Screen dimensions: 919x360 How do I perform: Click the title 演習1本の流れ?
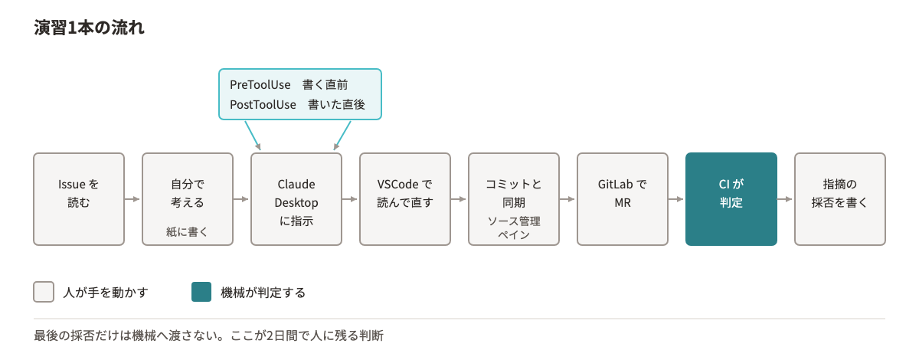pos(89,28)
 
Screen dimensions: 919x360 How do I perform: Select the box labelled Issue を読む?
pos(79,199)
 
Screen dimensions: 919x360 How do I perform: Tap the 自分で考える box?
pos(188,199)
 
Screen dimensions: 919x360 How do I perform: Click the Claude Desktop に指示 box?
pos(296,199)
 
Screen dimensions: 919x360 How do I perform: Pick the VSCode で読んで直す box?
pos(405,199)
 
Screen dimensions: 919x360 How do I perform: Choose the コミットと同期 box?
pos(514,199)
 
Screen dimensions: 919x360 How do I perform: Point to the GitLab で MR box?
pos(623,199)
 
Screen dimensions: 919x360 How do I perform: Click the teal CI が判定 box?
pos(731,199)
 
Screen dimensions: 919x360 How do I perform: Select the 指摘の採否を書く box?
pos(840,199)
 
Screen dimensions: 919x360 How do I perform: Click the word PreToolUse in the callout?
pos(260,84)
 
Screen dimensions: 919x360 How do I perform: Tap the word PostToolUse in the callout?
pos(263,105)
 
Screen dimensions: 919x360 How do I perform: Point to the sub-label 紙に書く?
pos(187,232)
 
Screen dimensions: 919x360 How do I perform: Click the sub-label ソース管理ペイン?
pos(514,227)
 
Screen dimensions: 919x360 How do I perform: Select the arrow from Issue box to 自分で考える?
pos(132,199)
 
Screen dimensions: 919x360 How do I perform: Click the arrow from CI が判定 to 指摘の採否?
pos(784,199)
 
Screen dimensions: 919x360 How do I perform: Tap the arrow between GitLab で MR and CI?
pos(675,199)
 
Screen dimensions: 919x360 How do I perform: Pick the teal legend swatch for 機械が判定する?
pos(201,292)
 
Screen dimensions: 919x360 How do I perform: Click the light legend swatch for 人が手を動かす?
pos(44,292)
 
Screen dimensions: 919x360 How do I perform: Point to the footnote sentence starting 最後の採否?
pos(208,335)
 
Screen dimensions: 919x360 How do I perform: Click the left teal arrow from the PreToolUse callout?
pos(253,136)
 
